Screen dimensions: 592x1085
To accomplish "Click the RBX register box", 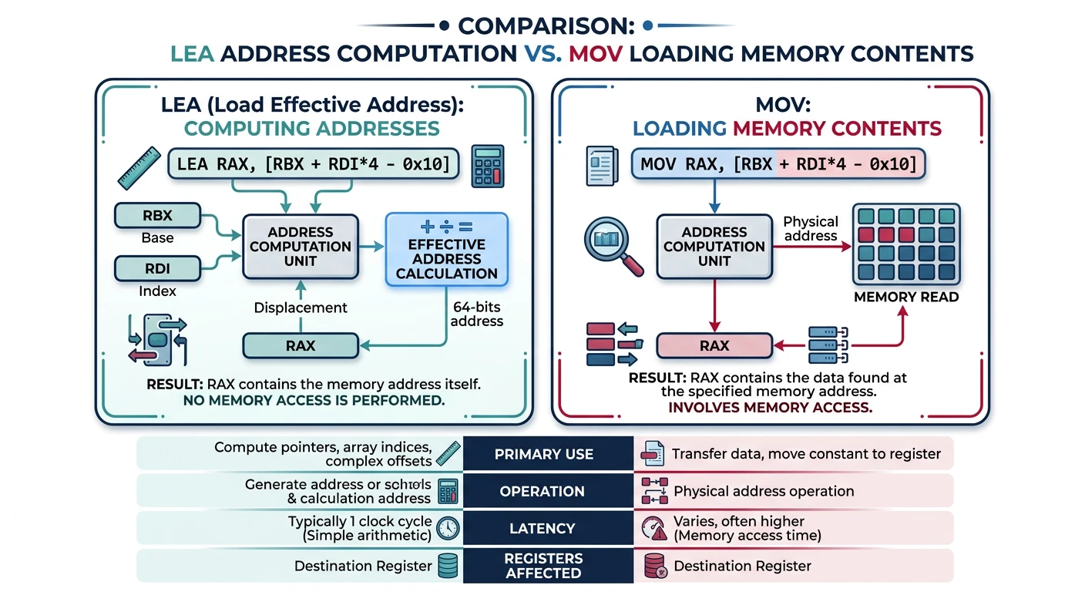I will pos(157,216).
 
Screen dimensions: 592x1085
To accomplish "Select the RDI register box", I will pos(157,269).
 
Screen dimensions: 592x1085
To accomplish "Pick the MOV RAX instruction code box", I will pos(778,164).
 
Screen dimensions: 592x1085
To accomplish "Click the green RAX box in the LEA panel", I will pos(301,346).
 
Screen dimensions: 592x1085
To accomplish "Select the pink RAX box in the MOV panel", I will pos(714,346).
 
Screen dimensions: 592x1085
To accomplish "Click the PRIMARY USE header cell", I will pos(544,454).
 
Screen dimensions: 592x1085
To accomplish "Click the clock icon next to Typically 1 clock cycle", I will pos(448,529).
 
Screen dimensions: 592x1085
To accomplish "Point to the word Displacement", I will pos(301,308).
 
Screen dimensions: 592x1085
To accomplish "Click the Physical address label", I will pos(810,228).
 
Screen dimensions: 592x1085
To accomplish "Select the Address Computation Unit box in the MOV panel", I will pos(714,247).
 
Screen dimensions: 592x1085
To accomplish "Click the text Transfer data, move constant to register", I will pos(806,454).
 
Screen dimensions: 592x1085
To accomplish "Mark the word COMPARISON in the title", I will pos(546,26).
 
